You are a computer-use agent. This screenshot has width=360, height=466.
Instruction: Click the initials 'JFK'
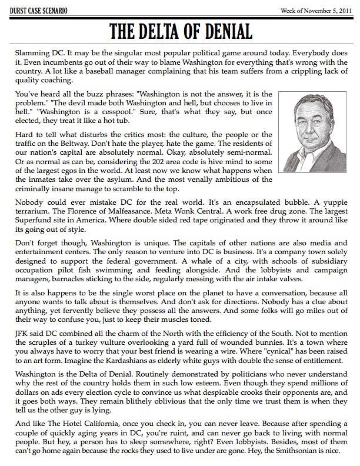point(21,339)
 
